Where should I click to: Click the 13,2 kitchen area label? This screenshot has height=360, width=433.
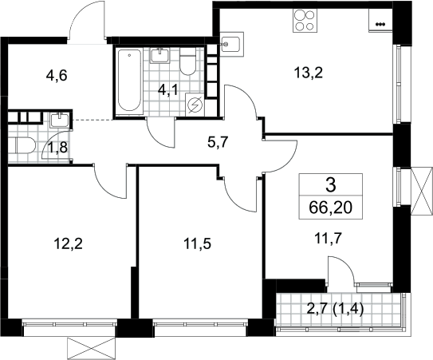coord(309,73)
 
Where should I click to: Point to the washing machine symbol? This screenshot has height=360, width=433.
coord(195,105)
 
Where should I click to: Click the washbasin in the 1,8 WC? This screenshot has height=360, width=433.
coord(59,121)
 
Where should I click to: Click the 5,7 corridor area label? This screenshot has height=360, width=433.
coord(217,143)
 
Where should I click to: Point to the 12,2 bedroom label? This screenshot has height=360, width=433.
coord(69,244)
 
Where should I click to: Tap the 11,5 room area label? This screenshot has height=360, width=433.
coord(198,244)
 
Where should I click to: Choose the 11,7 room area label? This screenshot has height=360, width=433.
coord(329,237)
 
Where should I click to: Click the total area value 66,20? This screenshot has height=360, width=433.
coord(331,208)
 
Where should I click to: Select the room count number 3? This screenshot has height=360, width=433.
coord(331,185)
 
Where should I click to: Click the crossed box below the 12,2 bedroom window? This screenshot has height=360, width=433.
coord(92,348)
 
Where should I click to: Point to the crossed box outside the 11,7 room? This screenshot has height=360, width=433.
coord(421,191)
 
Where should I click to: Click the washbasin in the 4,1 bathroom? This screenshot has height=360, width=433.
coord(160,55)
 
